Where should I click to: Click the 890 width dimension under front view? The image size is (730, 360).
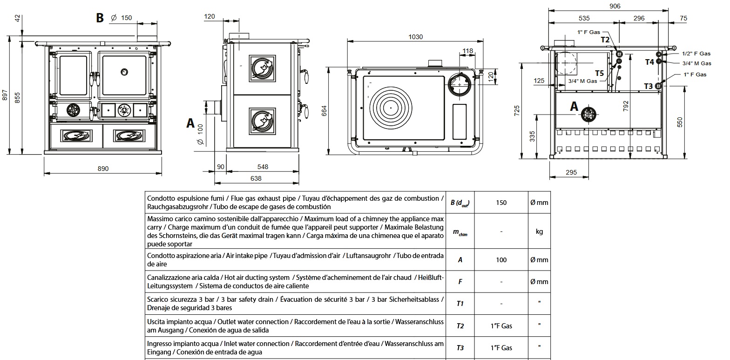point(103,169)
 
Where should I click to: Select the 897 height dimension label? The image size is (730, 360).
point(5,95)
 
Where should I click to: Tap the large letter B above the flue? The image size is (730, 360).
point(99,18)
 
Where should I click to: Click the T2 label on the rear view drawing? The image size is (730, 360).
point(605,40)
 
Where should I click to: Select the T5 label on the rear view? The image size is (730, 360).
point(600,73)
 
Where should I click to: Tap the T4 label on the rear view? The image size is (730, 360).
point(649,61)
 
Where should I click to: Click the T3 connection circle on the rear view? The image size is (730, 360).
point(659,85)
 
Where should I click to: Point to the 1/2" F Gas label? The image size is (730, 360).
point(696,54)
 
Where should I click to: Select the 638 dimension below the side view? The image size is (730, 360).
point(256,178)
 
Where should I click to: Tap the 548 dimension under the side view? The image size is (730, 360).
point(263,167)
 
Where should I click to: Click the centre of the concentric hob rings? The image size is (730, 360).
point(390,108)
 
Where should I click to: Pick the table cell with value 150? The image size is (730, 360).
point(501,203)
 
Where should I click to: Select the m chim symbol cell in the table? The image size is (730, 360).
point(460,232)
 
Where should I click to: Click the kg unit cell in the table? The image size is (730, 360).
point(539,232)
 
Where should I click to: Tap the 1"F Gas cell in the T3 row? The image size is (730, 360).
point(501,347)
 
